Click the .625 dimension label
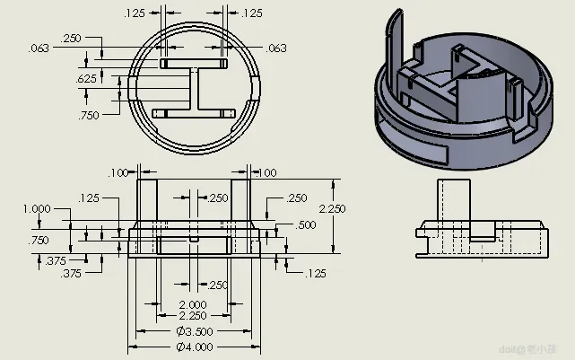click(87, 79)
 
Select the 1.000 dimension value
click(37, 208)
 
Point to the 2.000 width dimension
click(193, 304)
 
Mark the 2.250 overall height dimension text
click(332, 208)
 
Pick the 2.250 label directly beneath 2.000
click(193, 315)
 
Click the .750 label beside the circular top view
click(87, 116)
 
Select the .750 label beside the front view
click(39, 241)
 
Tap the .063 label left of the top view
click(39, 48)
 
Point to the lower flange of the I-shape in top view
click(194, 112)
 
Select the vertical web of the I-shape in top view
click(194, 89)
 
